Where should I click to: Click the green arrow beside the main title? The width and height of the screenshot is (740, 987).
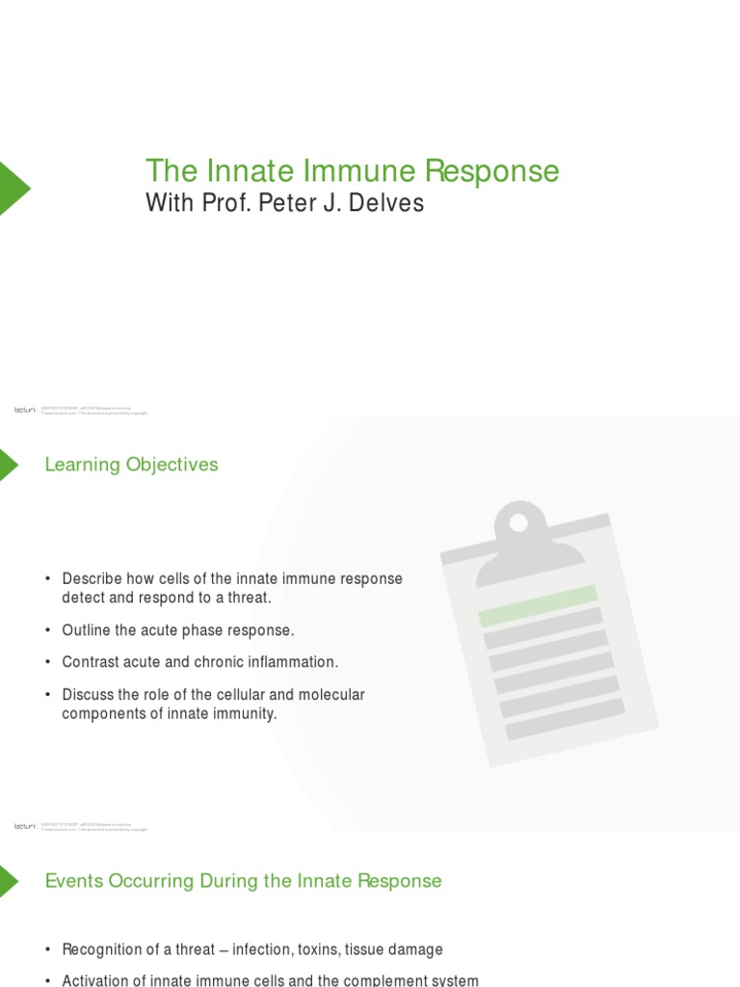coord(13,188)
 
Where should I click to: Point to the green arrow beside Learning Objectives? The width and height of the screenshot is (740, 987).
coord(8,465)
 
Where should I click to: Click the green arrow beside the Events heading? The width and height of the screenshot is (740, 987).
coord(8,881)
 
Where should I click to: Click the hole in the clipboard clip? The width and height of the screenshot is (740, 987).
coord(518,522)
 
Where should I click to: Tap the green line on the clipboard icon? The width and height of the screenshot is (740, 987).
coord(539,604)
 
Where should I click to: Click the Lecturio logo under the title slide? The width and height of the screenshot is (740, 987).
coord(24,410)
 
